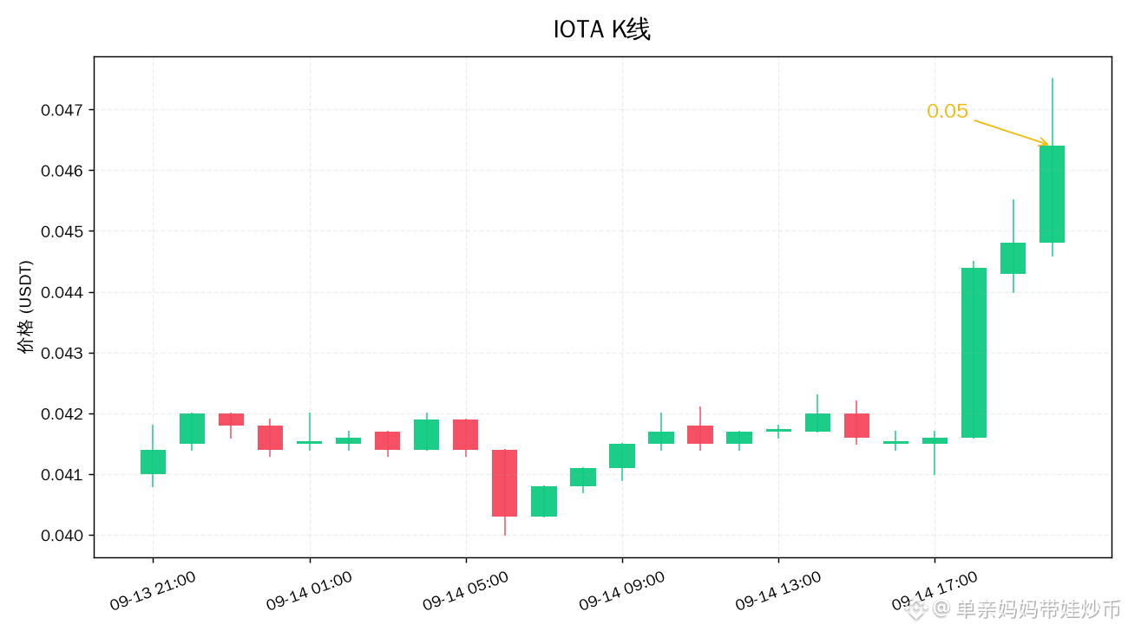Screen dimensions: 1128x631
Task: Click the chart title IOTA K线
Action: pos(602,29)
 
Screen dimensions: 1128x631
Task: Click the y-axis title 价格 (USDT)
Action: pos(25,307)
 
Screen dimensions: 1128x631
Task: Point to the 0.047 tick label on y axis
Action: pos(62,110)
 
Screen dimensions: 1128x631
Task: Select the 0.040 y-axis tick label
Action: pos(62,536)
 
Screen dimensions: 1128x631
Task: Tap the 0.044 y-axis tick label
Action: pos(62,292)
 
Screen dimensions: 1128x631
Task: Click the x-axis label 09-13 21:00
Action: pos(153,591)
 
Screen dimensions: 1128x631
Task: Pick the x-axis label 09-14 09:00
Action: pos(622,591)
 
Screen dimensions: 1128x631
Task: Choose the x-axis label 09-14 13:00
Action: pos(778,591)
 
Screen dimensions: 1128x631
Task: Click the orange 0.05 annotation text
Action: pos(948,111)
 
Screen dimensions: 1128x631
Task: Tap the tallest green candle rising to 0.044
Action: pos(974,353)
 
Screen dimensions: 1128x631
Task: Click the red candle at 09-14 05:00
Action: pos(466,435)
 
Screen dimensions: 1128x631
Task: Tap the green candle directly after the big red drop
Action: pos(544,501)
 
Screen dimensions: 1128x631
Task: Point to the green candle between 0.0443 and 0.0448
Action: pos(1013,258)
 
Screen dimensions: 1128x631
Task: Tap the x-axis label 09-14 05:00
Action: pos(465,591)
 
